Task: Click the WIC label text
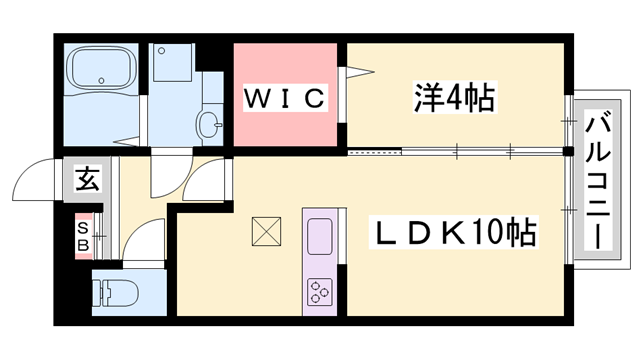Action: (x=284, y=98)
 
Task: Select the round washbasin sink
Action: (x=209, y=124)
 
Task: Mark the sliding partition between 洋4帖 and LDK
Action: (x=455, y=153)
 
